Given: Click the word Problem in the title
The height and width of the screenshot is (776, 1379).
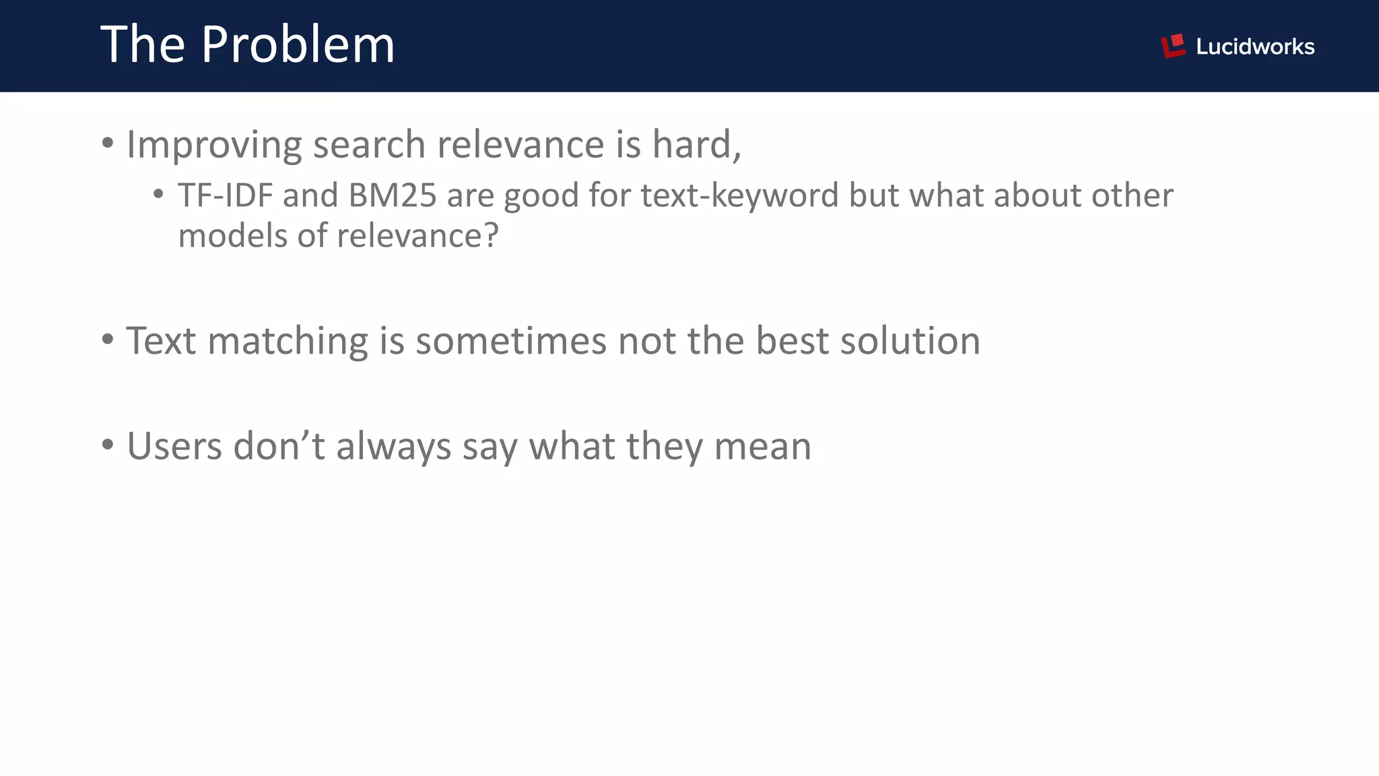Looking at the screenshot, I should coord(298,44).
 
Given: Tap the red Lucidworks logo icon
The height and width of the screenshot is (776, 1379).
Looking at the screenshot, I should coord(1172,46).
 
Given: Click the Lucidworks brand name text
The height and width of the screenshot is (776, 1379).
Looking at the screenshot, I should coord(1254,46).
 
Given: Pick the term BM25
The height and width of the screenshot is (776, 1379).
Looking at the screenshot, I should coord(393,195).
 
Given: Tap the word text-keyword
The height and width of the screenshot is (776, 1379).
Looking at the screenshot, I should coord(739,195).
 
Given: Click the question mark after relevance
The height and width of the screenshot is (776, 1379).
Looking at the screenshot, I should coord(492,236).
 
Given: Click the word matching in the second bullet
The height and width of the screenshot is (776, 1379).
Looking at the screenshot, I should coord(288,341).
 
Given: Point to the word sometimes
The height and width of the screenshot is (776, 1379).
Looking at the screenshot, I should coord(511,341).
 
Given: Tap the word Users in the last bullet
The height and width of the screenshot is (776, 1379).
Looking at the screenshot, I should coord(174,446).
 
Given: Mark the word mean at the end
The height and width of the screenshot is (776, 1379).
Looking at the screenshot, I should coord(762,446).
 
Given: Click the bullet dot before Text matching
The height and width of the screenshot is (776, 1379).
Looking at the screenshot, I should coord(108,339).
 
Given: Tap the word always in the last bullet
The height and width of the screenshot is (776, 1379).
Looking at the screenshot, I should coord(393,447).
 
